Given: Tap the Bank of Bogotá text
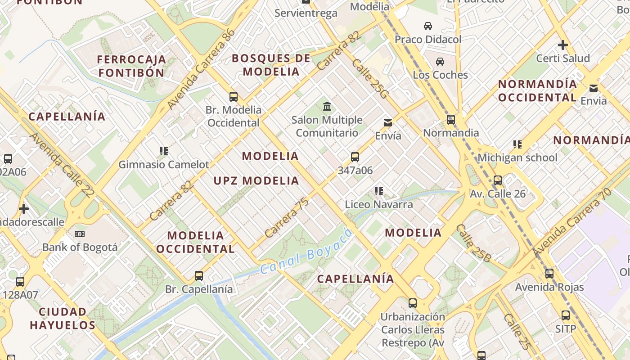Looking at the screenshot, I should (80, 247).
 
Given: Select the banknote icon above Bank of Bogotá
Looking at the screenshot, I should (80, 234).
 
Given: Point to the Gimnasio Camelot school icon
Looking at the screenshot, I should (164, 151).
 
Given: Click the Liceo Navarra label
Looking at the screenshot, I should (378, 204).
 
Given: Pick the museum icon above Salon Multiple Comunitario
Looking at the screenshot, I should (327, 107).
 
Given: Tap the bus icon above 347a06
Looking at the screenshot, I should (355, 157).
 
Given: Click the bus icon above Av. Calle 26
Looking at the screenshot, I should (497, 180).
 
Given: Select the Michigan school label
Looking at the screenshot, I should (517, 157).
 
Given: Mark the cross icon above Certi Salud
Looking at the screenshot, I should (562, 45).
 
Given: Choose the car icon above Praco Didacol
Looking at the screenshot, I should (427, 26).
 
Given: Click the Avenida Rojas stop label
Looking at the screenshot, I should (549, 287).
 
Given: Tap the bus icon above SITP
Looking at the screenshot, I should (565, 315).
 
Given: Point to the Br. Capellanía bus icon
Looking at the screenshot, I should (198, 275).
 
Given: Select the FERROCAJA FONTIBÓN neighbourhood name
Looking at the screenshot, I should (131, 66).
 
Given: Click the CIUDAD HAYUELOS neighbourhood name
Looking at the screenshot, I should (63, 318).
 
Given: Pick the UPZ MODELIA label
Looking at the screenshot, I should (256, 181).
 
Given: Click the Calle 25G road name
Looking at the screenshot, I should (369, 79).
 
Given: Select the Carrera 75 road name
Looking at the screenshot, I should (287, 218).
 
